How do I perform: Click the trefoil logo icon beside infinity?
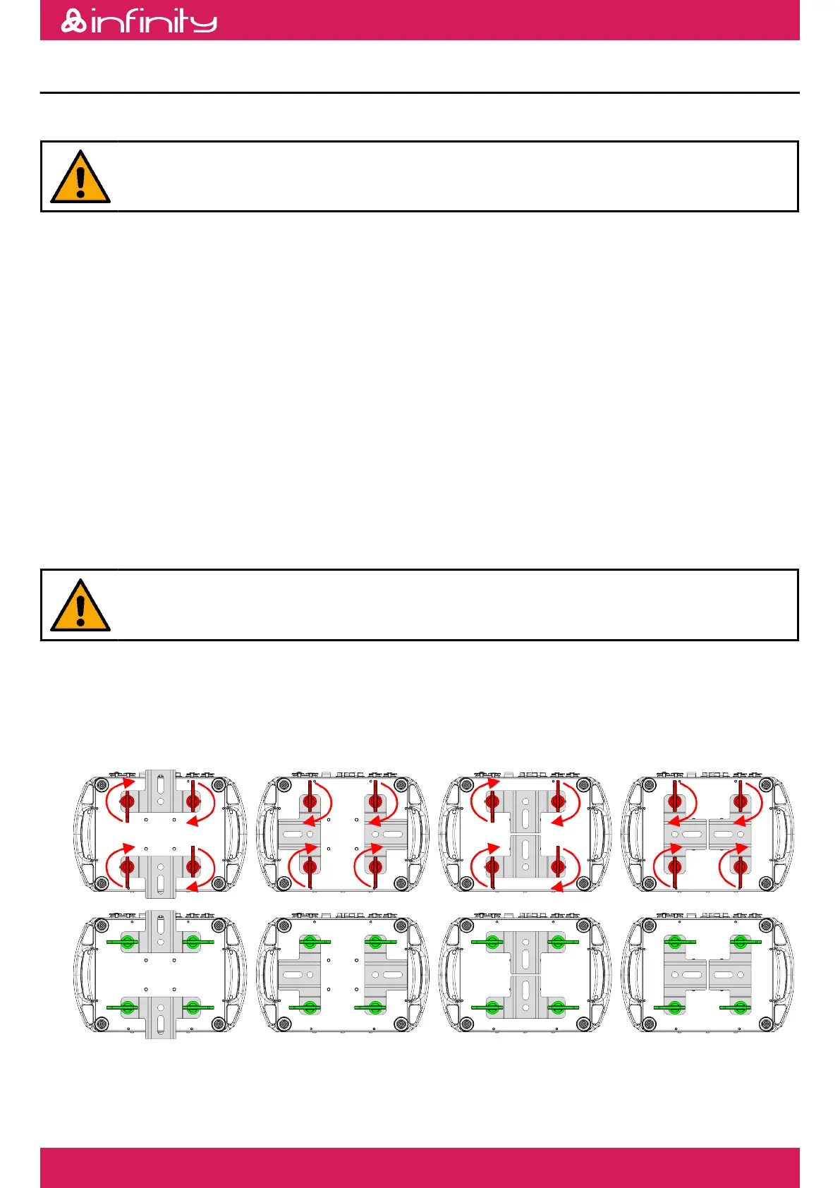coord(73,21)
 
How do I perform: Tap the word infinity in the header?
coord(154,22)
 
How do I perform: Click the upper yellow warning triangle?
coord(80,178)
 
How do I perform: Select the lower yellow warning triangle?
coord(80,606)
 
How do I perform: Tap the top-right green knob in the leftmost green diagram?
coord(193,941)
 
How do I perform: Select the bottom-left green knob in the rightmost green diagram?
coord(675,1006)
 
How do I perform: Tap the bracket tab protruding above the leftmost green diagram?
coord(160,921)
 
